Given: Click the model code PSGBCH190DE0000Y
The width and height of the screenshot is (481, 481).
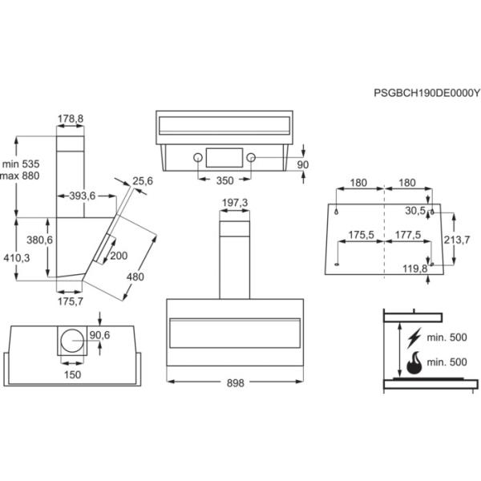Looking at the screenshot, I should (426, 93).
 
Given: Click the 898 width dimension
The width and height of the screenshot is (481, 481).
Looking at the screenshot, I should (233, 384).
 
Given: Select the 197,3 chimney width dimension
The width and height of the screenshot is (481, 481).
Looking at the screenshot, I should (233, 203).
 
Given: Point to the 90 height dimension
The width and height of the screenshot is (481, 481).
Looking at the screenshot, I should (302, 164).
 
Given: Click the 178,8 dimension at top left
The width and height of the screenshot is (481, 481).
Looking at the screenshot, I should (71, 119).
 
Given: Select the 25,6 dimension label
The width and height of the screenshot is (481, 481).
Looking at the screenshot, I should (143, 181).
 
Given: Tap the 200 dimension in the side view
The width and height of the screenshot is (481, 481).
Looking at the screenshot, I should (119, 255).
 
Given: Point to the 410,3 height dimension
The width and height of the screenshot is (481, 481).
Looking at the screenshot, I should (16, 257).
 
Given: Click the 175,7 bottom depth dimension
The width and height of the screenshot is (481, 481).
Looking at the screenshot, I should (71, 301).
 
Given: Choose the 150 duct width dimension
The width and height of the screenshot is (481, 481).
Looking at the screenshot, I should (72, 374).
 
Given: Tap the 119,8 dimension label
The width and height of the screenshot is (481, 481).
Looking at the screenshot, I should (414, 269).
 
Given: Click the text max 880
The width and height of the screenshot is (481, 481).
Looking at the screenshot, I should (20, 176).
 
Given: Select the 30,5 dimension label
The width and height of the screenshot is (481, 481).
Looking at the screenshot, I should (414, 211).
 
